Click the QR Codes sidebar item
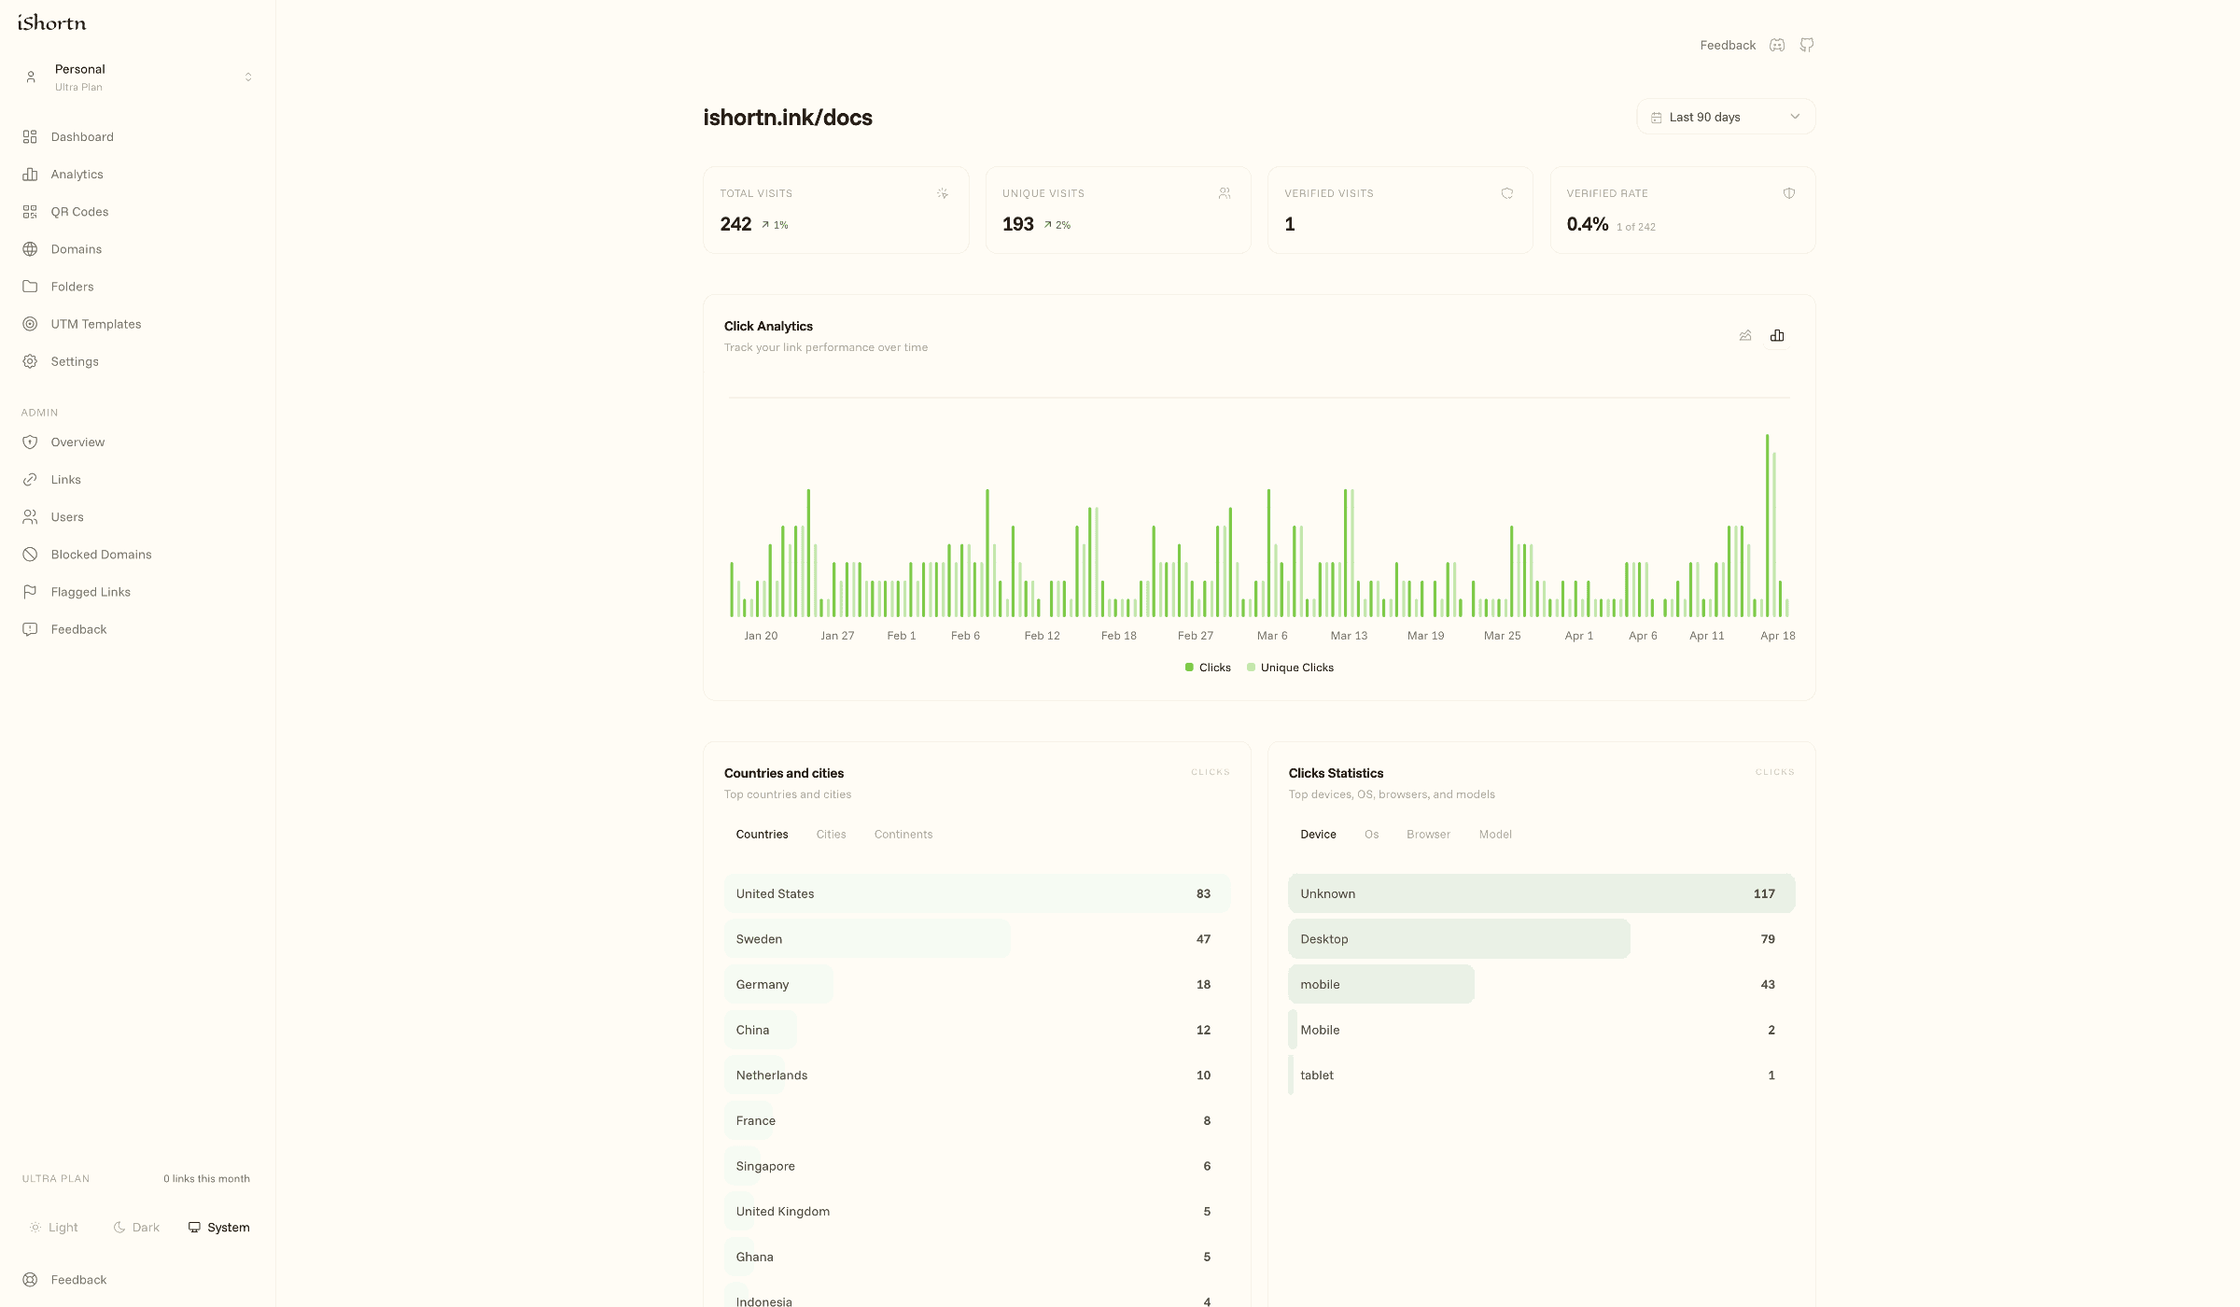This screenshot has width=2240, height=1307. (79, 212)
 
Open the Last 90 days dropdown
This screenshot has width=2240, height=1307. (1725, 117)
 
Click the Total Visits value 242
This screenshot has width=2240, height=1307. (735, 224)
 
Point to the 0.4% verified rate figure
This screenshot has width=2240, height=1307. (1587, 224)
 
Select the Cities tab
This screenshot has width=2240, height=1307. (831, 835)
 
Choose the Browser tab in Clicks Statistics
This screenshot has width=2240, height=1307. (1428, 835)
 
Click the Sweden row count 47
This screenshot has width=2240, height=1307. (1203, 939)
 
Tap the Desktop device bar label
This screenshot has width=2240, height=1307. (1323, 939)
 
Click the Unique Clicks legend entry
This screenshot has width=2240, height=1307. (1295, 668)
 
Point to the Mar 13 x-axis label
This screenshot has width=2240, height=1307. (1349, 636)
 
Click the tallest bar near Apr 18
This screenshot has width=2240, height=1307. (1767, 523)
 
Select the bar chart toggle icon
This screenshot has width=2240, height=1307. (1777, 336)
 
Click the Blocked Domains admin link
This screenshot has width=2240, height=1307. (101, 555)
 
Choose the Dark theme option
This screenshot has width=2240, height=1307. (136, 1228)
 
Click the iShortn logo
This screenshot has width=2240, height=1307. (52, 22)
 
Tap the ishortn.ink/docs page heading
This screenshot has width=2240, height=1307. (788, 118)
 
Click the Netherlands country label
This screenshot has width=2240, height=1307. (771, 1075)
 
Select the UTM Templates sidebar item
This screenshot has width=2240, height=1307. (96, 324)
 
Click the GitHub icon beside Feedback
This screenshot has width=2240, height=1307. (1807, 45)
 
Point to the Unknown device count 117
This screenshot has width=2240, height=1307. (1763, 893)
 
